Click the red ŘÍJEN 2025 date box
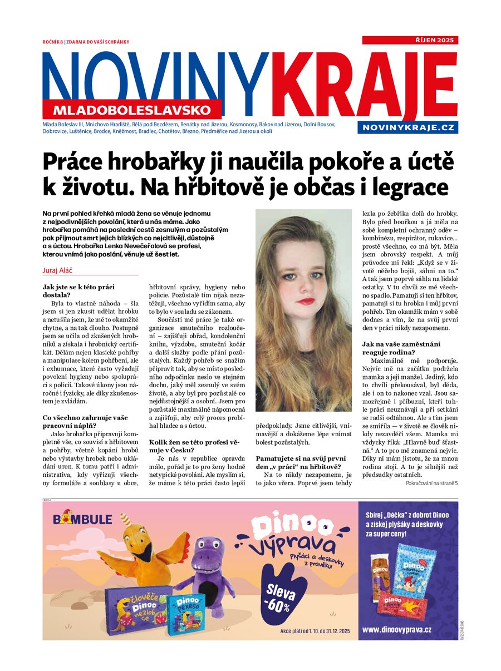pyautogui.click(x=410, y=40)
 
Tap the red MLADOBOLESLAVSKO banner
pyautogui.click(x=132, y=109)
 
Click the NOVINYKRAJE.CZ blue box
pyautogui.click(x=408, y=128)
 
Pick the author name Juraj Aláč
pyautogui.click(x=62, y=270)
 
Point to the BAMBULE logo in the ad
pyautogui.click(x=82, y=519)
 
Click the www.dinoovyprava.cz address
pyautogui.click(x=396, y=629)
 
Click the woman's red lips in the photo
pyautogui.click(x=305, y=301)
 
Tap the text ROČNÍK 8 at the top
pyautogui.click(x=53, y=42)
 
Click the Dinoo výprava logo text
pyautogui.click(x=292, y=535)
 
